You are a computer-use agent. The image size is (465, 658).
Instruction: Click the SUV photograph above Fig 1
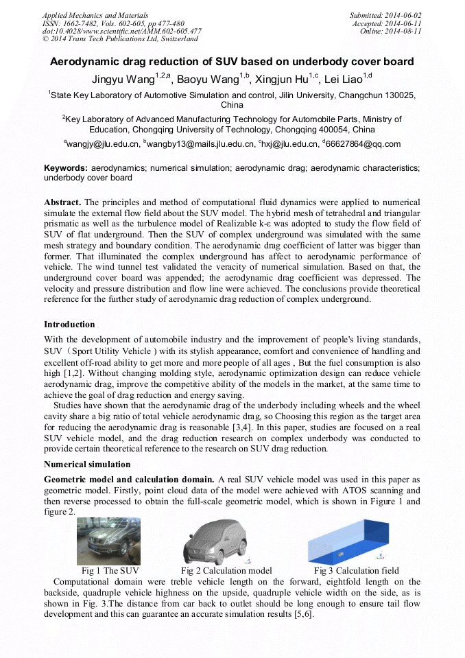[x=108, y=541]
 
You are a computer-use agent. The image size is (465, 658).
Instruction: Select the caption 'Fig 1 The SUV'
[x=110, y=571]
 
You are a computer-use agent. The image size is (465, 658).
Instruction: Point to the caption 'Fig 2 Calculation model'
[x=226, y=571]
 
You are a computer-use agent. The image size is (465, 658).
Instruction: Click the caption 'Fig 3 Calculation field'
[x=356, y=571]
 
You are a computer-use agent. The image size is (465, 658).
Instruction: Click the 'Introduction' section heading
[x=69, y=325]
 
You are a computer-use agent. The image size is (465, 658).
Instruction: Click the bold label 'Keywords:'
[x=66, y=168]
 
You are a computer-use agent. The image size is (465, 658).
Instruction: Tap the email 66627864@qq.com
[x=363, y=144]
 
